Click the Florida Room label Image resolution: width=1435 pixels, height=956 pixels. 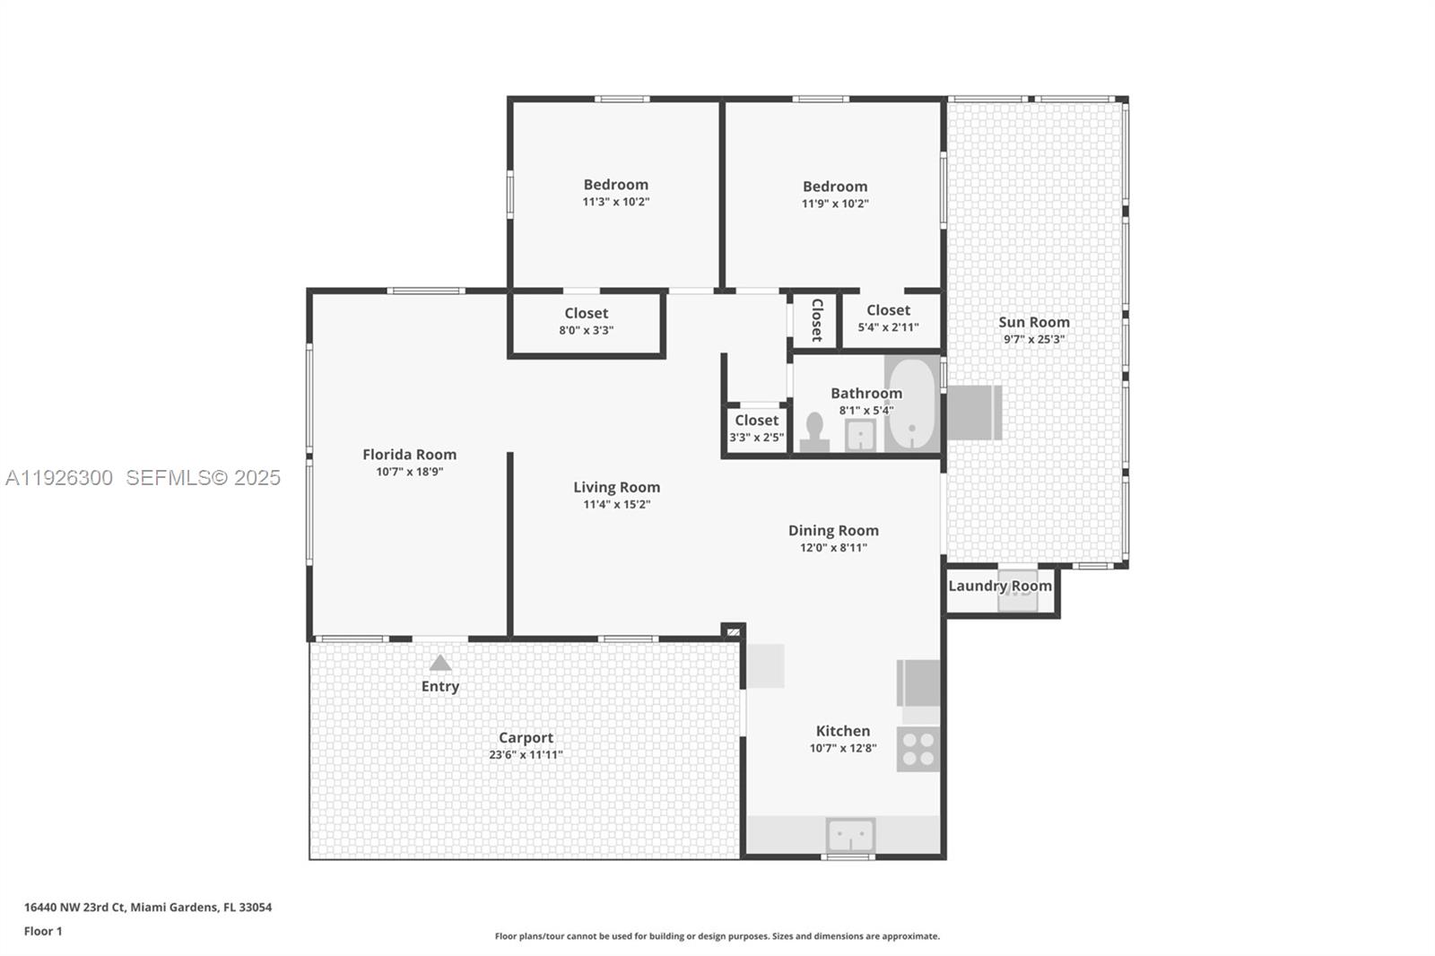(x=409, y=455)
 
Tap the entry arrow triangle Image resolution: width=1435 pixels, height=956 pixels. (x=439, y=663)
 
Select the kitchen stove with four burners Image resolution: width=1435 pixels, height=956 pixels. (x=918, y=750)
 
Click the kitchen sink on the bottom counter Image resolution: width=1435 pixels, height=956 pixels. (x=850, y=836)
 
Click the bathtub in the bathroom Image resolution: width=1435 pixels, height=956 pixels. (x=912, y=404)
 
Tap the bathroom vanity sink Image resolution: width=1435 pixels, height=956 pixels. (x=860, y=435)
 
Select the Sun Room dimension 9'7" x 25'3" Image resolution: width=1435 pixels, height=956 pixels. (x=1034, y=339)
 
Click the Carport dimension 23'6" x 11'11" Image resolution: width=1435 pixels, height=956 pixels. (x=526, y=755)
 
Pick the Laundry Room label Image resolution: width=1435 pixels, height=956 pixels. (x=999, y=586)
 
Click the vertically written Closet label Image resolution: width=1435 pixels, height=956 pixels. (x=816, y=320)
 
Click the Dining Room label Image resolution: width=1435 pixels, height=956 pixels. (x=833, y=531)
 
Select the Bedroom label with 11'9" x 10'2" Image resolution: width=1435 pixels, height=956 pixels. (x=834, y=187)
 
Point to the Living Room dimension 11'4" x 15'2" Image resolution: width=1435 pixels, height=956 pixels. (x=616, y=505)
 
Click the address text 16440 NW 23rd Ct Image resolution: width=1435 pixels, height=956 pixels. (x=75, y=907)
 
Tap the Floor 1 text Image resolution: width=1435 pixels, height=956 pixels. (x=43, y=931)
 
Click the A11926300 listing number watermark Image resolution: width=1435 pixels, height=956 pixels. (x=59, y=478)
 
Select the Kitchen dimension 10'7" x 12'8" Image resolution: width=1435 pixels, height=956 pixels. (x=842, y=748)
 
